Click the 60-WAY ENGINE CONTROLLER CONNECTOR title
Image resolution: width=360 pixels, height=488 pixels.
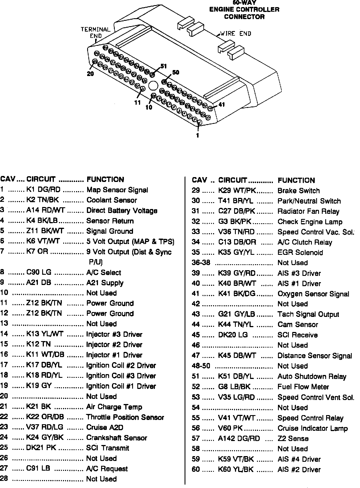pyautogui.click(x=244, y=10)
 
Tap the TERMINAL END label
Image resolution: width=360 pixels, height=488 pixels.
pyautogui.click(x=95, y=32)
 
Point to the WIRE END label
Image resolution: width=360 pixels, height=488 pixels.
pyautogui.click(x=236, y=34)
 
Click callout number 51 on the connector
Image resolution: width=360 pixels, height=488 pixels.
pyautogui.click(x=163, y=66)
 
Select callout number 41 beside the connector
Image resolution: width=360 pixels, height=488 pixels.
pyautogui.click(x=221, y=105)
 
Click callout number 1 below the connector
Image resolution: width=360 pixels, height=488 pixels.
pyautogui.click(x=197, y=136)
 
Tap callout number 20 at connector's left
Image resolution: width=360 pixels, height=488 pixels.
pyautogui.click(x=90, y=73)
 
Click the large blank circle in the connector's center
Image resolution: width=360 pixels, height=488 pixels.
pyautogui.click(x=153, y=86)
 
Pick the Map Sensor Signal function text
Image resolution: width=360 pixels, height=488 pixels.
pyautogui.click(x=117, y=190)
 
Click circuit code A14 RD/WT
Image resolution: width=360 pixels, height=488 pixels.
pyautogui.click(x=46, y=210)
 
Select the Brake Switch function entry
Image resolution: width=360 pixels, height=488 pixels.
pyautogui.click(x=298, y=191)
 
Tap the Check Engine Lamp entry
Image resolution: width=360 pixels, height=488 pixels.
pyautogui.click(x=310, y=222)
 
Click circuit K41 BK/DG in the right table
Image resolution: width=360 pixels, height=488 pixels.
pyautogui.click(x=236, y=294)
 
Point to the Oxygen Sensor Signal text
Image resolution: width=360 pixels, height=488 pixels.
pyautogui.click(x=313, y=294)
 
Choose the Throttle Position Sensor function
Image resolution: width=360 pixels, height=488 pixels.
pyautogui.click(x=125, y=417)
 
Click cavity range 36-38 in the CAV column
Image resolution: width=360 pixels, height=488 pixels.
pyautogui.click(x=201, y=263)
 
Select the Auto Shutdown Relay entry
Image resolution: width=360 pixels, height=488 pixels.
pyautogui.click(x=312, y=376)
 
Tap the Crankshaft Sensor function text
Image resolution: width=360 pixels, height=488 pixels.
pyautogui.click(x=117, y=438)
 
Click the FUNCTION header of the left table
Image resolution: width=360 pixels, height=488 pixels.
pyautogui.click(x=105, y=179)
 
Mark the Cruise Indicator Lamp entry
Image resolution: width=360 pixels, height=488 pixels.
pyautogui.click(x=312, y=428)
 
